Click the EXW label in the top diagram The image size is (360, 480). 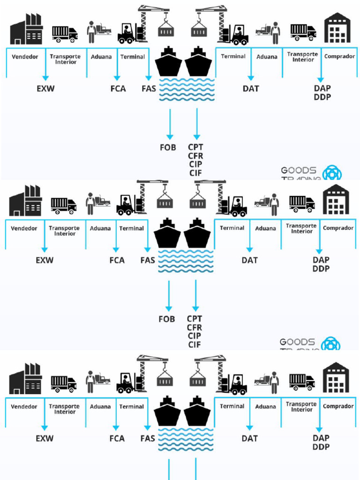pos(45,88)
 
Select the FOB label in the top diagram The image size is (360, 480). pos(167,147)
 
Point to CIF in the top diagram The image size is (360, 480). pos(195,173)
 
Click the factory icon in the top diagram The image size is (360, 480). pos(26,29)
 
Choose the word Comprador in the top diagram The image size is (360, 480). pos(340,56)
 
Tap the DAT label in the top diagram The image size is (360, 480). pos(251,88)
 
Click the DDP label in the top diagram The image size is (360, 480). pos(322,97)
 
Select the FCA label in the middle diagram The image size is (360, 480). pos(117,260)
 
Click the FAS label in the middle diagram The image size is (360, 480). pos(148,260)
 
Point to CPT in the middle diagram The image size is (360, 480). pos(195,319)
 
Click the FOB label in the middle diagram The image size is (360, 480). pos(166,319)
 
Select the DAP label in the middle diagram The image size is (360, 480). pos(321,260)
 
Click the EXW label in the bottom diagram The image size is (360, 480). pos(45,439)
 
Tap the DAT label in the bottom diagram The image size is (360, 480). pos(250,439)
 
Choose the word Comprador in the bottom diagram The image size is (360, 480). pos(338,406)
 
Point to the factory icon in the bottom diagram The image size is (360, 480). pos(25,378)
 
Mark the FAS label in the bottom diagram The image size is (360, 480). pos(148,439)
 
